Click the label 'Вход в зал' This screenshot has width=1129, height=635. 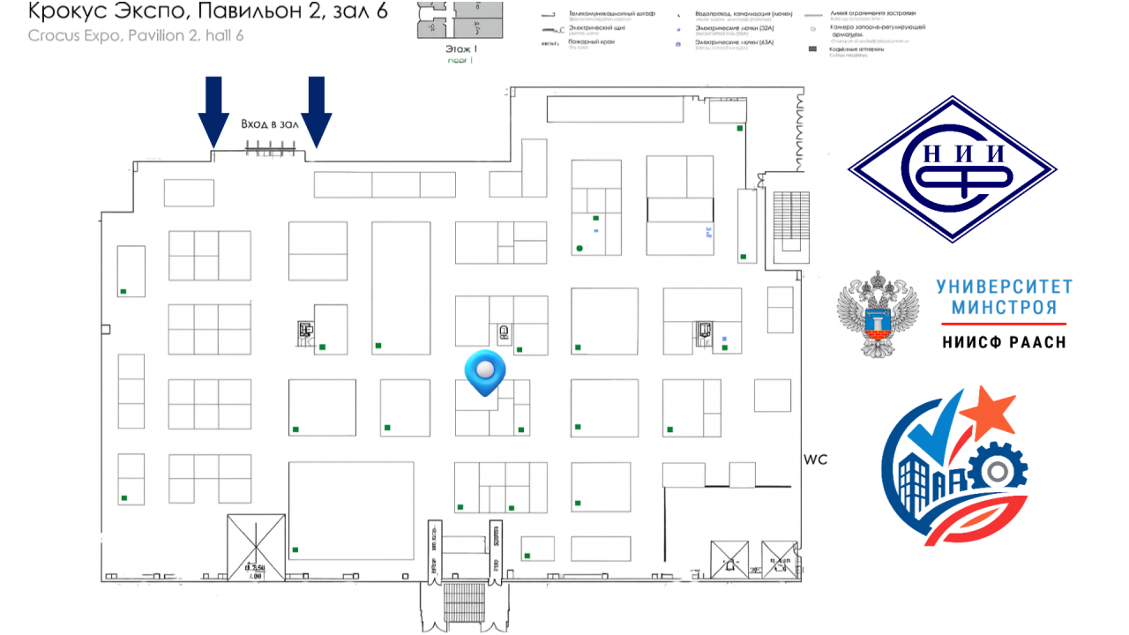pyautogui.click(x=271, y=124)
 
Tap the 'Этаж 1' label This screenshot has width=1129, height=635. pyautogui.click(x=461, y=50)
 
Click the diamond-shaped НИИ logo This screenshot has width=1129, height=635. pyautogui.click(x=952, y=168)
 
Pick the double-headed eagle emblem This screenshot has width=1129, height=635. pyautogui.click(x=878, y=314)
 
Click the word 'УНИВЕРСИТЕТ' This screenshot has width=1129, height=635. pyautogui.click(x=1004, y=287)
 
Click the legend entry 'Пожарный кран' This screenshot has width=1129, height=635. pyautogui.click(x=588, y=41)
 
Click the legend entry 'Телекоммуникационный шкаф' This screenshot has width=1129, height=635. pyautogui.click(x=613, y=15)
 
